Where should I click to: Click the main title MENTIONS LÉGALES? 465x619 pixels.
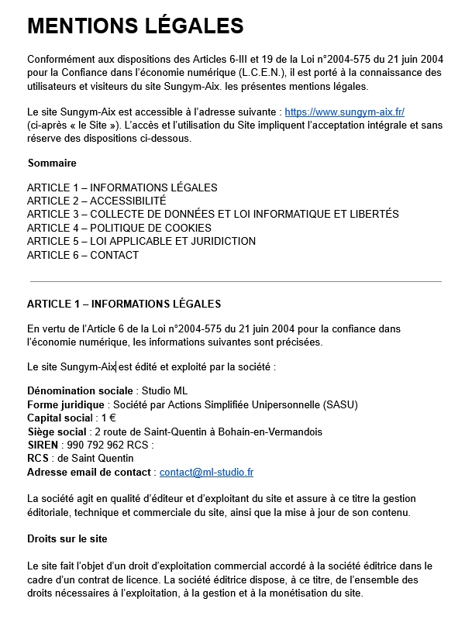136,26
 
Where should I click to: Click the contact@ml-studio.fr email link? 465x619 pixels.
206,472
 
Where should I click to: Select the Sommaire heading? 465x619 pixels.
52,163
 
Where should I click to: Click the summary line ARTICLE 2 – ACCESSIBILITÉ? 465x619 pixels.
96,201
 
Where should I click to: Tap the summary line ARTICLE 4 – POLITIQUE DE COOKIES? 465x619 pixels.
119,228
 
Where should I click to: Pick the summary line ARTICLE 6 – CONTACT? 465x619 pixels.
83,255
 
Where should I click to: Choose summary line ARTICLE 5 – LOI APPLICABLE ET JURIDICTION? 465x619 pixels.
141,241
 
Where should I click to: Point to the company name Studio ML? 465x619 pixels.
164,390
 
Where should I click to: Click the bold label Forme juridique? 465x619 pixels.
66,404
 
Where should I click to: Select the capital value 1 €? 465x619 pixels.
108,418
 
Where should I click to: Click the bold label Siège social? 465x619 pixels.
57,432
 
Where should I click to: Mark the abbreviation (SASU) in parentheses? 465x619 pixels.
342,404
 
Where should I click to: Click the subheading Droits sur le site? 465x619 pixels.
67,538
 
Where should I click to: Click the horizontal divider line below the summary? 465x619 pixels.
235,281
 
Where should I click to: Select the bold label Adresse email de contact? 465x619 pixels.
89,472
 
